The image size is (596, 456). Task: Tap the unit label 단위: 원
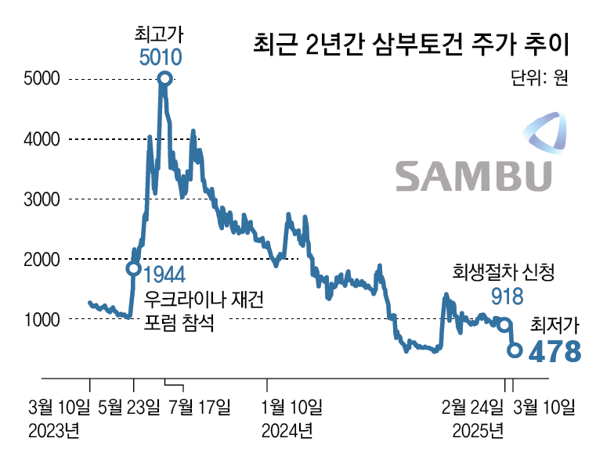(538, 77)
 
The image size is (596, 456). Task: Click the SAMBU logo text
(473, 176)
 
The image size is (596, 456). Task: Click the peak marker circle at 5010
(164, 78)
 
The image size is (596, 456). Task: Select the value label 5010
(161, 56)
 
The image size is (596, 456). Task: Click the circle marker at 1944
(134, 269)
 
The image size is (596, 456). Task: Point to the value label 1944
(164, 275)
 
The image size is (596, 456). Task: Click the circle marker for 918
(505, 325)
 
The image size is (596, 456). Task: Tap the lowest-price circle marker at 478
(515, 350)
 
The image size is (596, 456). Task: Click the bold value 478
(555, 351)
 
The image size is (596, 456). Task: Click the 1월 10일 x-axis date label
(291, 406)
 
